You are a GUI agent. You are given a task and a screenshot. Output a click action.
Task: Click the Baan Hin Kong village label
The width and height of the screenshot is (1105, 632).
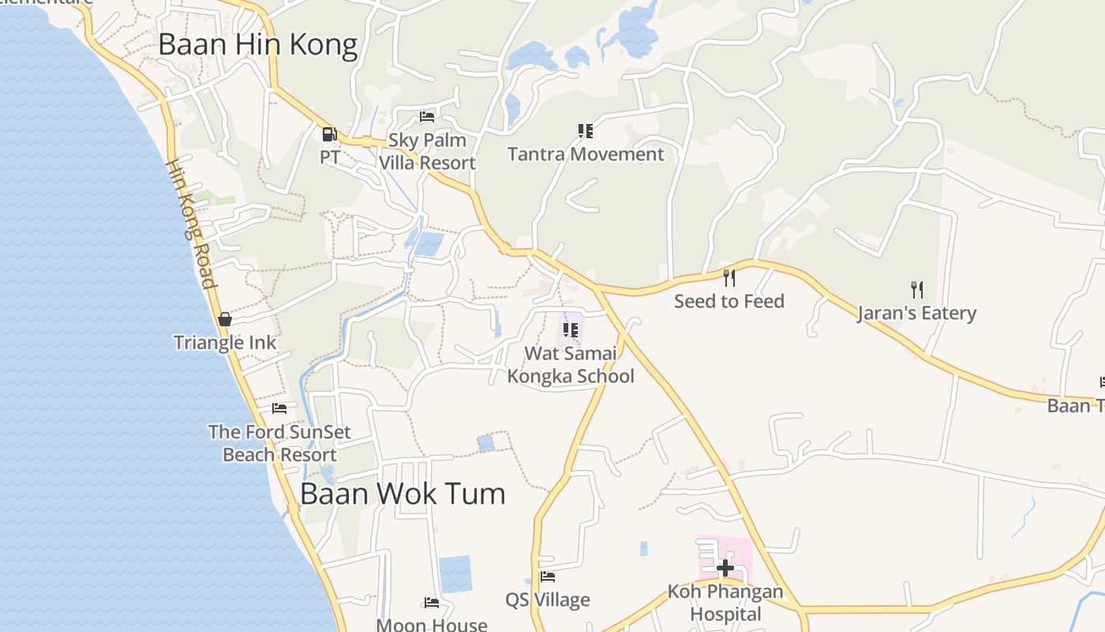point(258,45)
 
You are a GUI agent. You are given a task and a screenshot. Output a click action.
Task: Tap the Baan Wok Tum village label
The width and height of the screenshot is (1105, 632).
point(403,494)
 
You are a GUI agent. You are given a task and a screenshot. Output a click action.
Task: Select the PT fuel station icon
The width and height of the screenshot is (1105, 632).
point(329,134)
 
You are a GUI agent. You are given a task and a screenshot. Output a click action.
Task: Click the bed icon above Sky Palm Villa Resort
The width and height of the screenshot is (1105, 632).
point(427,117)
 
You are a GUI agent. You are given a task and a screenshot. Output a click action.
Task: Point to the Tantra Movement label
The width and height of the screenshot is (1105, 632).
point(586,154)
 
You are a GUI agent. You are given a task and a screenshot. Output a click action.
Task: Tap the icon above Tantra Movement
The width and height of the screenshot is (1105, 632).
point(585,130)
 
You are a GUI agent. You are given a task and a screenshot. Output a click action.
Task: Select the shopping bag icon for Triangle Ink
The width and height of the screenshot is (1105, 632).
point(225,319)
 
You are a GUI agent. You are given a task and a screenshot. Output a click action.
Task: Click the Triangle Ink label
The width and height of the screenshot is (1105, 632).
point(225,342)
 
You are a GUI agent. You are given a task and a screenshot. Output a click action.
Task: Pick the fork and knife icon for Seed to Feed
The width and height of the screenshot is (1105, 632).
point(729,277)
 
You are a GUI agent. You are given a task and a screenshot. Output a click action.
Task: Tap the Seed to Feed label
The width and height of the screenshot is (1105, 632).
point(729,301)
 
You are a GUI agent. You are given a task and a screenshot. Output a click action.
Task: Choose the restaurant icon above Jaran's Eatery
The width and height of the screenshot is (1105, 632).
point(916,289)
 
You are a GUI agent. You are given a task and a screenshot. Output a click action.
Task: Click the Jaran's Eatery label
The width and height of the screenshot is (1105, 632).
point(917,313)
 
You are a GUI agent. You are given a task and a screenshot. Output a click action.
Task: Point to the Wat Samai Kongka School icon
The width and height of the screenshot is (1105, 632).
point(570,329)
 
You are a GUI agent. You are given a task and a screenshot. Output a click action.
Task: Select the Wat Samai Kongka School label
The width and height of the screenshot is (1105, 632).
point(570,364)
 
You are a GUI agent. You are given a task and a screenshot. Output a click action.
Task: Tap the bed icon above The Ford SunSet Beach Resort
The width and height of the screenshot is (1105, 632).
point(279,408)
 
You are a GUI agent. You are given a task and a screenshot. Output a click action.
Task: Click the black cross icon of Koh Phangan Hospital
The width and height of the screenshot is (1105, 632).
point(725,567)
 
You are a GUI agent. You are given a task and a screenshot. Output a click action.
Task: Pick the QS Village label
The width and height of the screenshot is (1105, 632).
point(548,600)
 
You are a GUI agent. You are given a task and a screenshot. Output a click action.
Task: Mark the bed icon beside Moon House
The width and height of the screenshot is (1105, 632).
point(432,603)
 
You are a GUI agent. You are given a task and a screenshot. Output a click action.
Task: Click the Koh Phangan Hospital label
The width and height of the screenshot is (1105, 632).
point(725,602)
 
